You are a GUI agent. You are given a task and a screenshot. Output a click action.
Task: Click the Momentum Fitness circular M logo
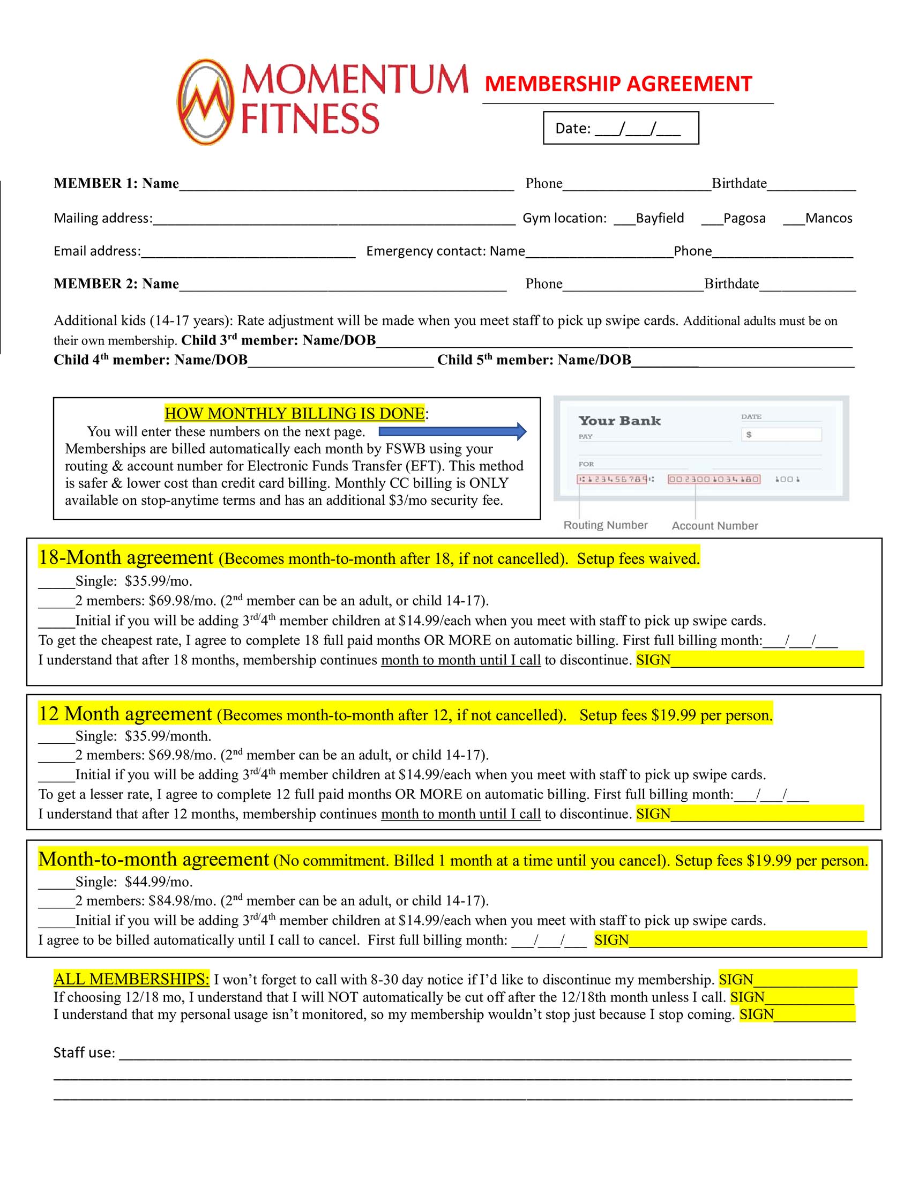[x=206, y=102]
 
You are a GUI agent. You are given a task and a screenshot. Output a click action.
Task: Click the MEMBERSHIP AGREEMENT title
[x=618, y=84]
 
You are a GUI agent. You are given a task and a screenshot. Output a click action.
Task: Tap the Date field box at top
[x=621, y=128]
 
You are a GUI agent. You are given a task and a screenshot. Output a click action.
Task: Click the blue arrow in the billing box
[x=452, y=431]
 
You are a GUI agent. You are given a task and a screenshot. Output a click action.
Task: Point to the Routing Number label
[x=605, y=525]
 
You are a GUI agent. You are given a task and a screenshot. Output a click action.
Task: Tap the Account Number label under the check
[x=714, y=525]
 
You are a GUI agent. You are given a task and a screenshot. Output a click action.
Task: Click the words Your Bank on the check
[x=619, y=421]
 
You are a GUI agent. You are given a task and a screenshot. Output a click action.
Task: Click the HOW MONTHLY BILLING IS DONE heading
[x=294, y=414]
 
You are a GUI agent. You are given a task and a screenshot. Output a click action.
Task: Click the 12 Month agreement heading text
[x=125, y=714]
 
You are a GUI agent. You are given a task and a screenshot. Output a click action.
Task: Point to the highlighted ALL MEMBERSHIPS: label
[x=131, y=979]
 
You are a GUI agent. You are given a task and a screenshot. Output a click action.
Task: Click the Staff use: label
[x=84, y=1052]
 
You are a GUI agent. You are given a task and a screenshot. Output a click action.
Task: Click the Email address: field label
[x=97, y=251]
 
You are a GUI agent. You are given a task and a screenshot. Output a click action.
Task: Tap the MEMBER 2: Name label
[x=116, y=284]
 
